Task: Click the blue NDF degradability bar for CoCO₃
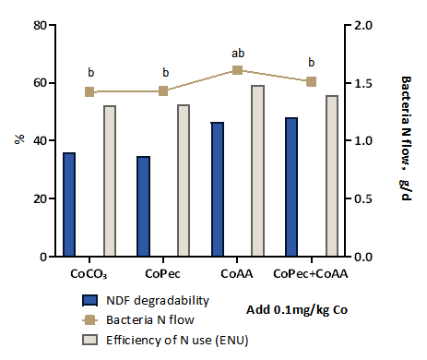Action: [69, 204]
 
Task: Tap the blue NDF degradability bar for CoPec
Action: [143, 206]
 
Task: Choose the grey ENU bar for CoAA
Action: [258, 171]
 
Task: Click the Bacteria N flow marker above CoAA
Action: [237, 70]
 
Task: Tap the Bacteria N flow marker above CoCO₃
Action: [89, 91]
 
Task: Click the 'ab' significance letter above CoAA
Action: [237, 53]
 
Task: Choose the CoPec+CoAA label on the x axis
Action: [311, 274]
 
